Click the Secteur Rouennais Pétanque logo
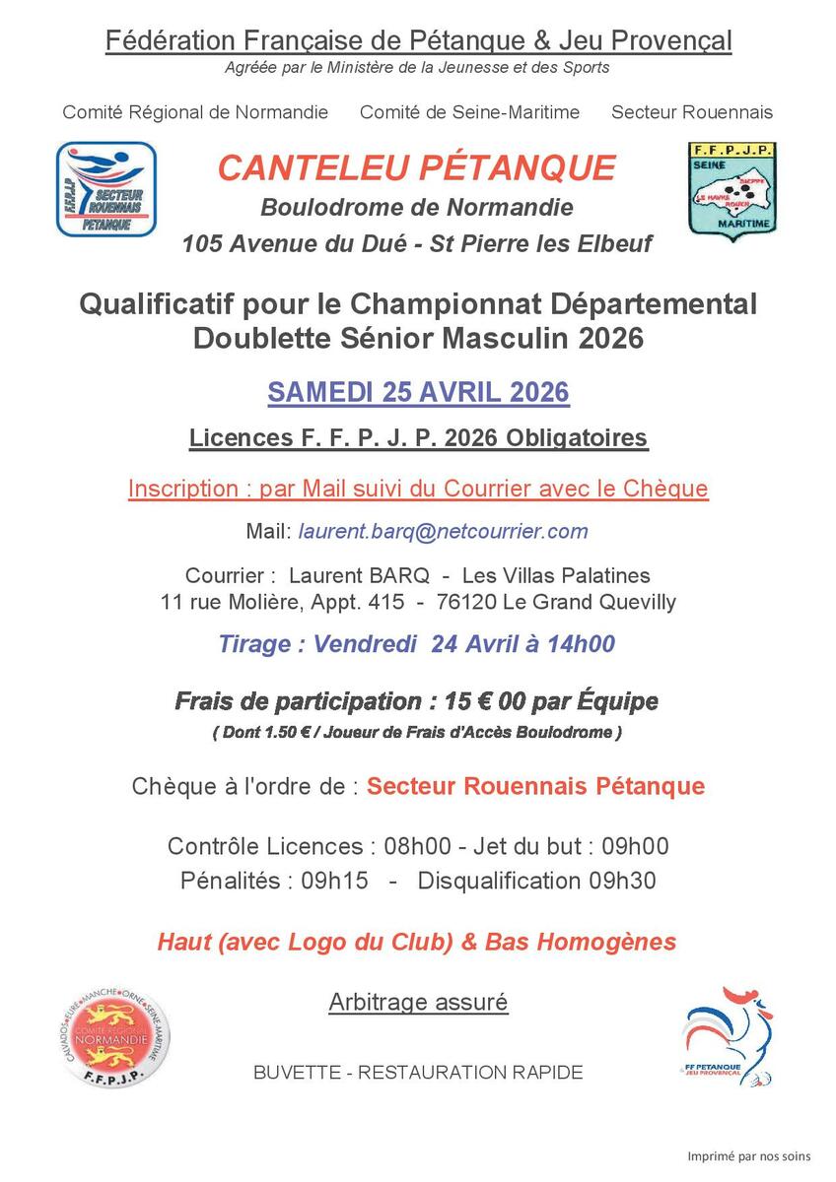coord(106,189)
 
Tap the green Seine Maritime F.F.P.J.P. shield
coord(731,190)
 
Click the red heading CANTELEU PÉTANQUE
coord(417,167)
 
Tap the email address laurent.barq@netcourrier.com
coord(443,532)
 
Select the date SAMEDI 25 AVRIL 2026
coord(418,392)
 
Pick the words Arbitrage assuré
coord(418,1003)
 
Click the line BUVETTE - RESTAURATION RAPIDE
coord(418,1072)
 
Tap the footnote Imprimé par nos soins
coord(748,1155)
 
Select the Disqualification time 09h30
coord(621,880)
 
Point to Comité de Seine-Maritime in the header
coord(469,112)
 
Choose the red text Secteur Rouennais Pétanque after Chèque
coord(535,786)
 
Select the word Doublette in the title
coord(253,338)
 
